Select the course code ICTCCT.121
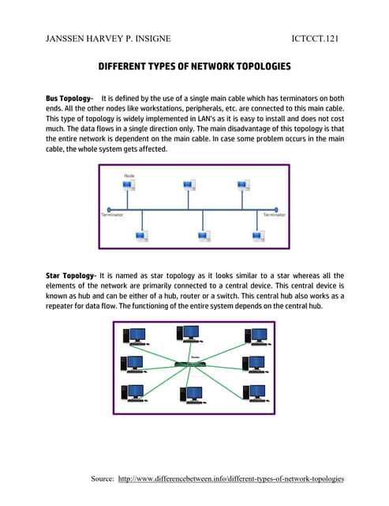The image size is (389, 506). [x=316, y=37]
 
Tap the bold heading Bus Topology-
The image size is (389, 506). [x=70, y=96]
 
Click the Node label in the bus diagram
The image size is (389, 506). [x=129, y=175]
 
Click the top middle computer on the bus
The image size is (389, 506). [x=189, y=186]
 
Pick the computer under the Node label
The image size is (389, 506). [x=126, y=187]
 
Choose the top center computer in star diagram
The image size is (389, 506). [x=190, y=335]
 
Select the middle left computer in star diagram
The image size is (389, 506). [x=131, y=364]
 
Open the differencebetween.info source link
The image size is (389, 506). [x=231, y=479]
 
